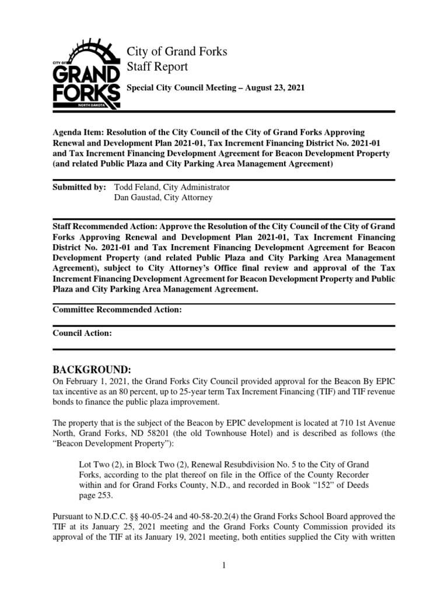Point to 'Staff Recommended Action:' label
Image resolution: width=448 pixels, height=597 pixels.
pyautogui.click(x=104, y=226)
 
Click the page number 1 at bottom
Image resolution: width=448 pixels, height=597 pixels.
pyautogui.click(x=224, y=582)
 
